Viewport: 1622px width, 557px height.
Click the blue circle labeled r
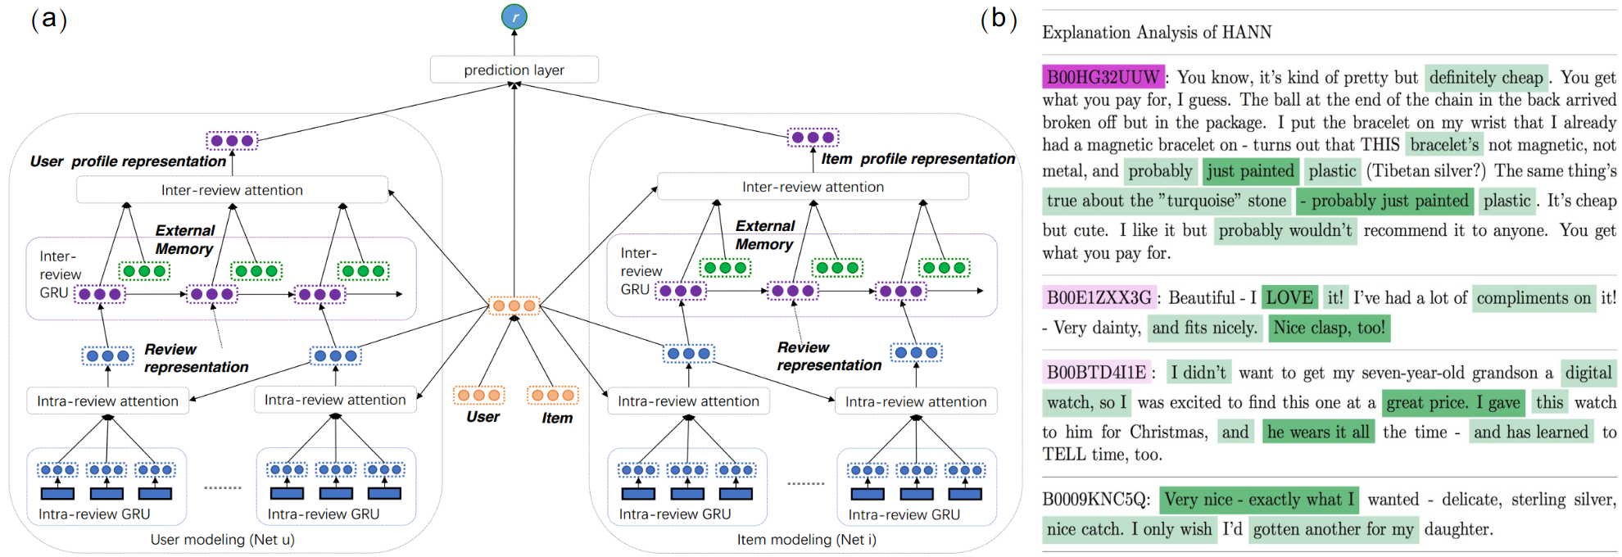[x=514, y=16]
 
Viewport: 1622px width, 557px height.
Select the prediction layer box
[x=514, y=70]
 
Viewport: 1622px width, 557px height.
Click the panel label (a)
[x=48, y=18]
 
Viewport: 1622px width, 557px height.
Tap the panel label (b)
[x=998, y=18]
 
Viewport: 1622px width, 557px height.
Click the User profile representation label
[x=128, y=161]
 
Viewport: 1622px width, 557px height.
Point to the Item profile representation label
[x=917, y=159]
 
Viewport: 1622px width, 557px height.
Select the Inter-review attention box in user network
[x=232, y=190]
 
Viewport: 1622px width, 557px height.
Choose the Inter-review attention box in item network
[x=813, y=187]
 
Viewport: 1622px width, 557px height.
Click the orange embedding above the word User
[x=479, y=396]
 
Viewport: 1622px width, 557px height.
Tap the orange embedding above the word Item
[x=553, y=396]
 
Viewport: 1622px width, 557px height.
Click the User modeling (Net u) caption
[x=222, y=540]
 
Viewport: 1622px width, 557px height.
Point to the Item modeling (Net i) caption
[x=806, y=540]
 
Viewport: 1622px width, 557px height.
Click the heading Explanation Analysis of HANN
[x=1157, y=33]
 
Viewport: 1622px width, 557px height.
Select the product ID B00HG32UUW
[x=1103, y=78]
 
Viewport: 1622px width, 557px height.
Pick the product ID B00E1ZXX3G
[x=1099, y=298]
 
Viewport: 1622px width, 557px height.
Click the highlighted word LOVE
[x=1289, y=298]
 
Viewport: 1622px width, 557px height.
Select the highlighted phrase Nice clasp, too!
[x=1329, y=328]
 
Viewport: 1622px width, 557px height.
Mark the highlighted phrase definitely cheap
[x=1486, y=78]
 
